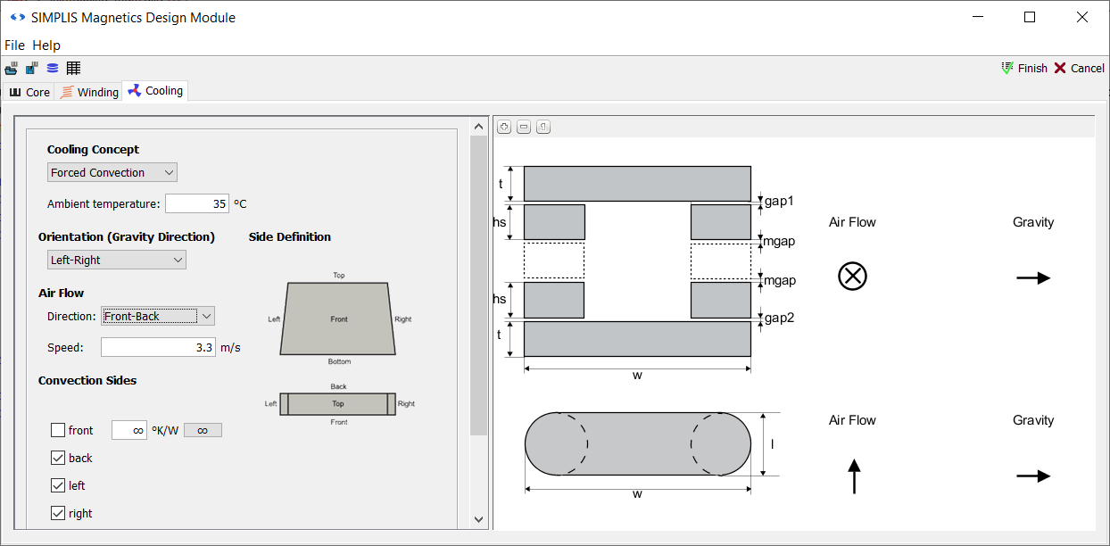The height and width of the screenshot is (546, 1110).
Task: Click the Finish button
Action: pos(1024,68)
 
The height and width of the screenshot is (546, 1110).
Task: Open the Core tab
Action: pos(29,92)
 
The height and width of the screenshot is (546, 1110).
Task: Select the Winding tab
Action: pos(89,92)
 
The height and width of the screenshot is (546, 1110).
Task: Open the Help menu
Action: pos(46,45)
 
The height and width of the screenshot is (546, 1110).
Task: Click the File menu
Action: pos(14,45)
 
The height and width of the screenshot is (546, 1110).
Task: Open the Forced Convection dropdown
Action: pos(112,172)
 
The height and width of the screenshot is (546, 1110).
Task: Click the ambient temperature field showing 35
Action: pos(196,203)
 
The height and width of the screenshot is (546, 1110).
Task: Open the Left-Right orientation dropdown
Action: pos(117,260)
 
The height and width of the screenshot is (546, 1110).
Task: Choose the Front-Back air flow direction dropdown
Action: pos(158,316)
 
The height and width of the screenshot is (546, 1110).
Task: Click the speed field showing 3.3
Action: pos(158,347)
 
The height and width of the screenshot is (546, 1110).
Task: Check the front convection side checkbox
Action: pos(58,430)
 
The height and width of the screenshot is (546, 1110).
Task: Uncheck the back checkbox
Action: pos(58,458)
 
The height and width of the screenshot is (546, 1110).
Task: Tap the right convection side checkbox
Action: pos(58,513)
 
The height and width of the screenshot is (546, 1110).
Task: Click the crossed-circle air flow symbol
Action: pos(852,277)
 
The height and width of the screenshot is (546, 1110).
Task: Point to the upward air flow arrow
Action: pos(854,476)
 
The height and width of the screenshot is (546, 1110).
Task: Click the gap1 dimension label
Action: pos(779,201)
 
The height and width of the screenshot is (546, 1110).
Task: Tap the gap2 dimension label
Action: pos(779,318)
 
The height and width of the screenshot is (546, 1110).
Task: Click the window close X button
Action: pos(1082,17)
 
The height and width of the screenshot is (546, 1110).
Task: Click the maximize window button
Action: pos(1030,17)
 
